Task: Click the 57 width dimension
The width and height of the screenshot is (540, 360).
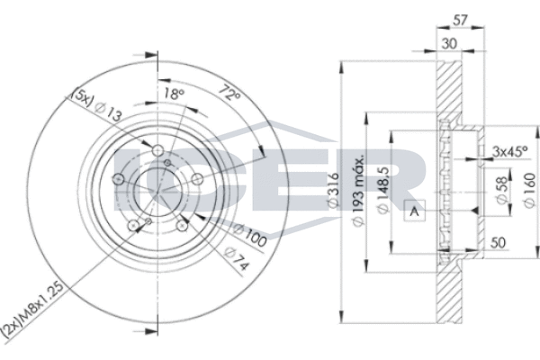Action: (x=461, y=21)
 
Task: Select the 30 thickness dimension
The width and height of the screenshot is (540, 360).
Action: (x=449, y=44)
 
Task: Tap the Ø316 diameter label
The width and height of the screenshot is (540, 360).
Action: (x=333, y=191)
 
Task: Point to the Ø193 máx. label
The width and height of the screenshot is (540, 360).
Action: (x=358, y=191)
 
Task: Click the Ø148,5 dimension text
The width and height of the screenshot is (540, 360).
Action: (x=383, y=190)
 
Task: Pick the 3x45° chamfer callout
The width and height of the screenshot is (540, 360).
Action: (x=510, y=151)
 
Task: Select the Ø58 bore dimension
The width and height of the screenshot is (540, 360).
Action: (x=501, y=190)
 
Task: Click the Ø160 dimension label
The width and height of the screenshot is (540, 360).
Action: (x=530, y=190)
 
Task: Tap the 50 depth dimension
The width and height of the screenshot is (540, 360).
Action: (x=498, y=243)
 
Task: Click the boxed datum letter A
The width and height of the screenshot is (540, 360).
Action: (x=415, y=211)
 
